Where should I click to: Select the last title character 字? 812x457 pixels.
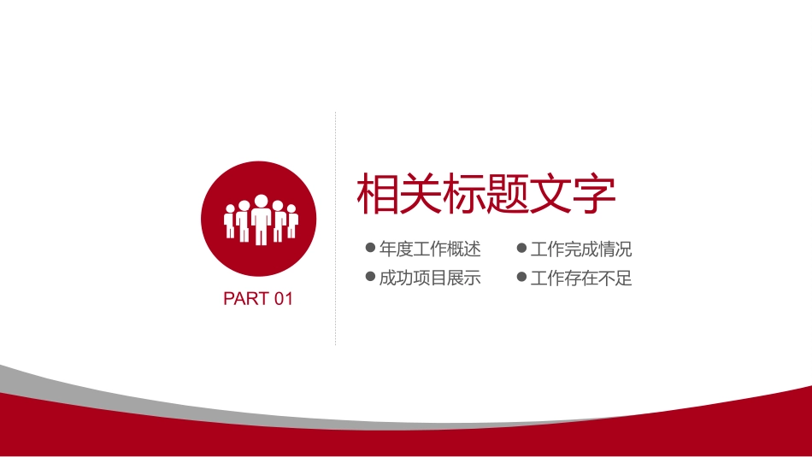[x=595, y=195]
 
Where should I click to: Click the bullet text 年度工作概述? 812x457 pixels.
[x=430, y=249]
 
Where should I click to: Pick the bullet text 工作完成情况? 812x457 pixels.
[x=581, y=249]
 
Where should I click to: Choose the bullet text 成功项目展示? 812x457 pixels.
[x=430, y=278]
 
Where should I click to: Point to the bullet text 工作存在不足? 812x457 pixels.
[x=581, y=278]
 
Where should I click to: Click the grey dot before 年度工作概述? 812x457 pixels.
[x=370, y=249]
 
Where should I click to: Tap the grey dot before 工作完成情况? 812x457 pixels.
[x=521, y=249]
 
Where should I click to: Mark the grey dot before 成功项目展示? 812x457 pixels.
[x=370, y=277]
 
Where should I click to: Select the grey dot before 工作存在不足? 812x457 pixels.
[x=521, y=277]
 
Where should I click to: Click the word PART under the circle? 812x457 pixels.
[x=244, y=299]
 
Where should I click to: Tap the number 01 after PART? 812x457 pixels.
[x=284, y=299]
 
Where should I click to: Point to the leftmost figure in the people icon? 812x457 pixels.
[x=229, y=221]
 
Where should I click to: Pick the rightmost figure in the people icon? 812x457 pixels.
[x=292, y=221]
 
